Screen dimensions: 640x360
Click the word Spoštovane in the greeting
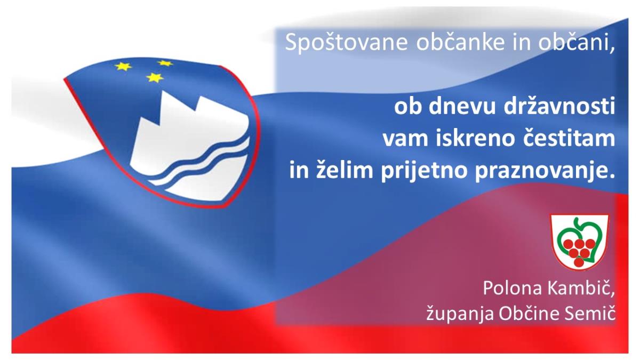(x=346, y=43)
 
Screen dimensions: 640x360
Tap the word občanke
(x=461, y=42)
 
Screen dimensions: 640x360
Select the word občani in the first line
(x=575, y=42)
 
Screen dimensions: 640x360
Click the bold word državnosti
(x=559, y=106)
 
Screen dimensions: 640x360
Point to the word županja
(x=460, y=313)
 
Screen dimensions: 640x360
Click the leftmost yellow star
(x=123, y=66)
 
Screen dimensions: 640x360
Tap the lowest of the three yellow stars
(x=155, y=77)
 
